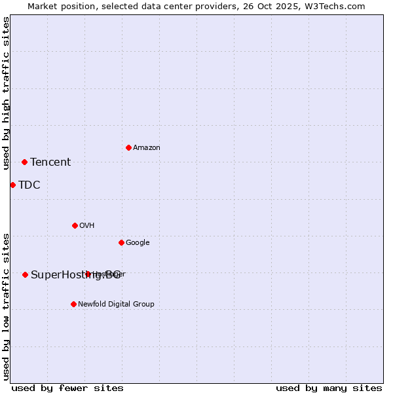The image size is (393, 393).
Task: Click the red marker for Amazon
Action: (128, 147)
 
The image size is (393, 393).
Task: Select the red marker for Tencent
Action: (24, 162)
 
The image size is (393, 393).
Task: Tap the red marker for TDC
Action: (12, 185)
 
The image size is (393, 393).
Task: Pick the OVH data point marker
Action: (75, 225)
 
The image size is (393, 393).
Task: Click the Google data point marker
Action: (121, 242)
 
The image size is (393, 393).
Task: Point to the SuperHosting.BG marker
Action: (25, 274)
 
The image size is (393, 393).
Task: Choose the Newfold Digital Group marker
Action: (73, 304)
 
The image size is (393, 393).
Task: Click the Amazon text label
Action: (147, 148)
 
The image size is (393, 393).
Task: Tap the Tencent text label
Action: (50, 162)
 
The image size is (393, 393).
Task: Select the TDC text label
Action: (29, 185)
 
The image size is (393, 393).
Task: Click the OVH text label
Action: (87, 226)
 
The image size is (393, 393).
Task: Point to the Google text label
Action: (138, 243)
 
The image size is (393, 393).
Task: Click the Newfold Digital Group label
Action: (116, 305)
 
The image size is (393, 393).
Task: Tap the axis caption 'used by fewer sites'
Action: (67, 388)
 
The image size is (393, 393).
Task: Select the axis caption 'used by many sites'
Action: (329, 388)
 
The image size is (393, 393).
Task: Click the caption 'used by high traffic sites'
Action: (6, 93)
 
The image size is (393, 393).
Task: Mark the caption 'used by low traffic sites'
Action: (6, 307)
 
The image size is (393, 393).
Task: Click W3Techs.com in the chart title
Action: (337, 6)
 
